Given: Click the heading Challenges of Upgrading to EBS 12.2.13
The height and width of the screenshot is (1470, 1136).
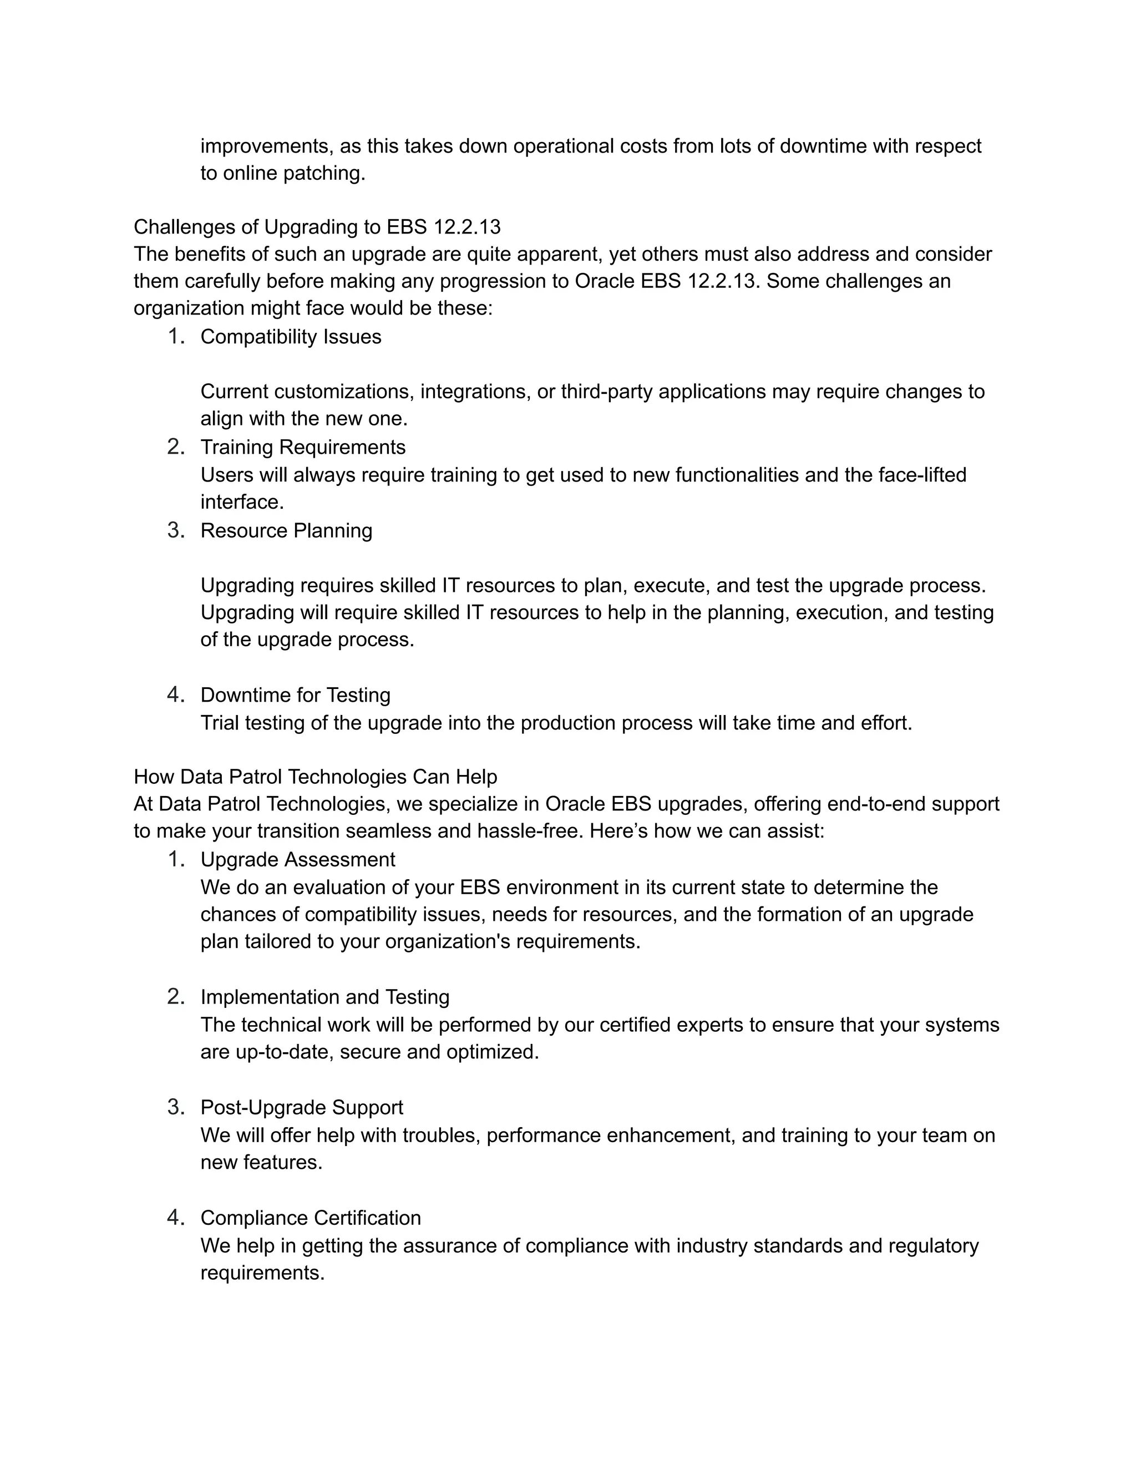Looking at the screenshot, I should click(x=317, y=227).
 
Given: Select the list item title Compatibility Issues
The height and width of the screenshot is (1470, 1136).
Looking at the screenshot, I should click(x=291, y=337).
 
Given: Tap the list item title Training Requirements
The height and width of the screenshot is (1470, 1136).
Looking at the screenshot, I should click(x=303, y=447).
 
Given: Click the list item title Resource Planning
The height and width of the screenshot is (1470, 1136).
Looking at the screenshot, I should click(x=286, y=530).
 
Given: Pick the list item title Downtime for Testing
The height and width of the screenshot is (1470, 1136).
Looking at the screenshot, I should click(x=296, y=695).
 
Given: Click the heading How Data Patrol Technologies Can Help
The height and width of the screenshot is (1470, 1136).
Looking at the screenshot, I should click(x=315, y=777).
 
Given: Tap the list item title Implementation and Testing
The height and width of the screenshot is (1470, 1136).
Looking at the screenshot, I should click(x=325, y=997).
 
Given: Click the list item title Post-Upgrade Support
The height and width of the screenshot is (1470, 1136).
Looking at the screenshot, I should click(x=302, y=1107).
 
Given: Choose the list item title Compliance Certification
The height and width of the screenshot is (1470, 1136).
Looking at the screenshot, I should click(x=310, y=1218).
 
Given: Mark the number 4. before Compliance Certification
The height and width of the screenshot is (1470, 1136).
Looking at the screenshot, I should click(x=176, y=1218).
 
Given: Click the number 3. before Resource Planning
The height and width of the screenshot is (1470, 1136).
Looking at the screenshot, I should click(x=176, y=530).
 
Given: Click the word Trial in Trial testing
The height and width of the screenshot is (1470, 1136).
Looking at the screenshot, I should click(x=220, y=723).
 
